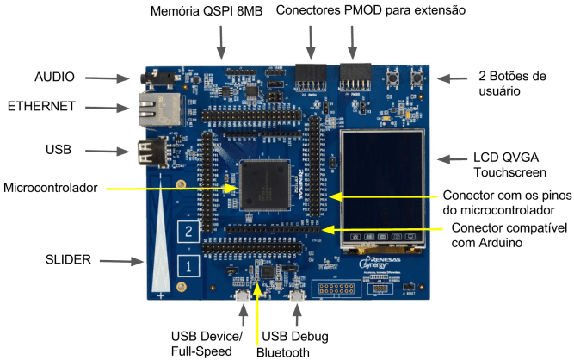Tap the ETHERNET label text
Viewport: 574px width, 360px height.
(x=41, y=107)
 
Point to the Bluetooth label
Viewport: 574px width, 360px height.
(x=282, y=351)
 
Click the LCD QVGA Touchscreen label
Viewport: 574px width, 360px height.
(x=508, y=166)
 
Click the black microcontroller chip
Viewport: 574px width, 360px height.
(x=264, y=183)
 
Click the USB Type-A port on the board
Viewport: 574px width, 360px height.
(x=145, y=152)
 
